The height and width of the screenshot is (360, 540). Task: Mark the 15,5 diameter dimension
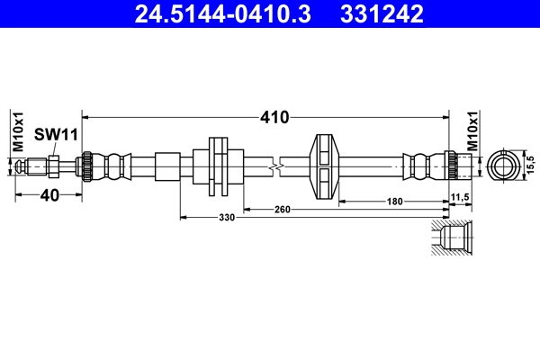tap(530, 165)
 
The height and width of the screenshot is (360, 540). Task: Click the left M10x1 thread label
tap(17, 133)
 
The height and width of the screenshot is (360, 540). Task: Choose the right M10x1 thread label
tap(472, 132)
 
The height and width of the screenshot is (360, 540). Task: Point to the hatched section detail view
tap(450, 238)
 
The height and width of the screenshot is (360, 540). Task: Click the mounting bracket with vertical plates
tap(218, 166)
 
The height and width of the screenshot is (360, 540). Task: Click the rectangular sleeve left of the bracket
tap(168, 166)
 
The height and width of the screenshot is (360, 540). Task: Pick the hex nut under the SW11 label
tap(55, 166)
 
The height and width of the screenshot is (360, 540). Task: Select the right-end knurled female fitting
tap(458, 166)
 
